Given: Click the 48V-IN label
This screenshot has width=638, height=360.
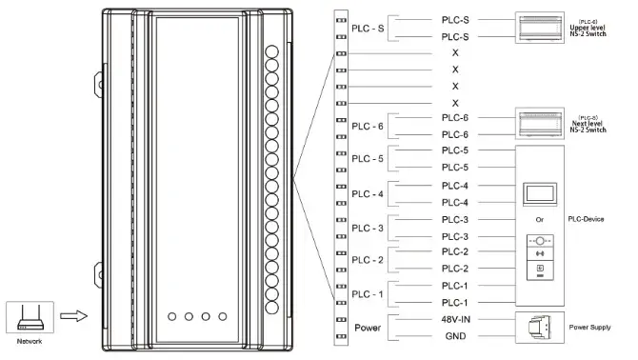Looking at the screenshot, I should coord(455,319).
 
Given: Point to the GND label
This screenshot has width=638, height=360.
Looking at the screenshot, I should coord(455,336).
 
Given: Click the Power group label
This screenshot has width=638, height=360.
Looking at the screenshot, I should coord(369,327).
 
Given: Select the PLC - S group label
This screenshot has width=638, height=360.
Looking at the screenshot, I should coord(368,27).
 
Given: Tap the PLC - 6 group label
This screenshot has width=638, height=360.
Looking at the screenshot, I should coord(368,126).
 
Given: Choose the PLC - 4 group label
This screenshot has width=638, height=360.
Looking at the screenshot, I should coord(368,194).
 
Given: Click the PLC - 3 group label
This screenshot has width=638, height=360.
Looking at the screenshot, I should coord(368,229).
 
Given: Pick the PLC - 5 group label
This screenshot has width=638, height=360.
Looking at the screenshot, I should coord(368,159).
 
